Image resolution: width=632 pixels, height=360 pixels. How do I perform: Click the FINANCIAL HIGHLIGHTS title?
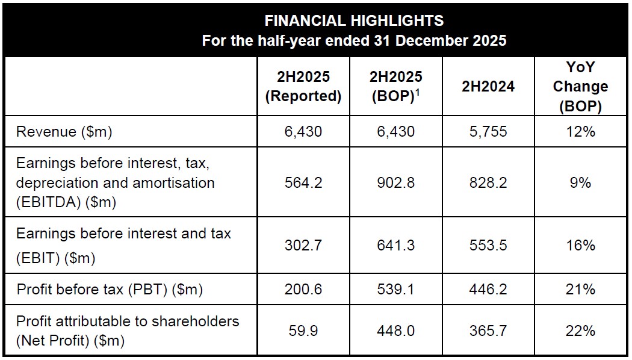pyautogui.click(x=354, y=20)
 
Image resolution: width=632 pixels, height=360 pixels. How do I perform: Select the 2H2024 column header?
pyautogui.click(x=488, y=87)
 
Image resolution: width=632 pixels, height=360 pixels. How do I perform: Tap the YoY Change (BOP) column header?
pyautogui.click(x=580, y=87)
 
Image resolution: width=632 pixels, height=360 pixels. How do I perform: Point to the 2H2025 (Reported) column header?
pyautogui.click(x=303, y=87)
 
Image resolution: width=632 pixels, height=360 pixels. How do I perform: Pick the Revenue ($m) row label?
pyautogui.click(x=64, y=132)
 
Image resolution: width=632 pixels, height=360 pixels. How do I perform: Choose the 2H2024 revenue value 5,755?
pyautogui.click(x=488, y=132)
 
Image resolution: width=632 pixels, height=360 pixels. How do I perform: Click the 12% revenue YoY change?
pyautogui.click(x=580, y=132)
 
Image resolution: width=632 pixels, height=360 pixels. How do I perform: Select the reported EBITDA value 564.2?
pyautogui.click(x=303, y=182)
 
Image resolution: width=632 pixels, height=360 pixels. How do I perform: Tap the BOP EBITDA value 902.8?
pyautogui.click(x=395, y=182)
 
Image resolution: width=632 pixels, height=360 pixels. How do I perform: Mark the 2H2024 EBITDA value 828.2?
pyautogui.click(x=488, y=182)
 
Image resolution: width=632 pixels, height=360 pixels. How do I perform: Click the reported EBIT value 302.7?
pyautogui.click(x=303, y=246)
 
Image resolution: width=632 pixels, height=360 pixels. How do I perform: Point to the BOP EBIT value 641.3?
pyautogui.click(x=395, y=246)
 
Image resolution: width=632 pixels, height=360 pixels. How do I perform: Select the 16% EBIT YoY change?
pyautogui.click(x=580, y=246)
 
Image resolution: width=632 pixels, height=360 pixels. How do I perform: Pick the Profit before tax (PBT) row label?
pyautogui.click(x=110, y=290)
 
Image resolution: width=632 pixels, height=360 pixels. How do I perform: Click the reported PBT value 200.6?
pyautogui.click(x=303, y=290)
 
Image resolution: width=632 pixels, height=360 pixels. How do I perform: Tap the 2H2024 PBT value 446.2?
pyautogui.click(x=488, y=290)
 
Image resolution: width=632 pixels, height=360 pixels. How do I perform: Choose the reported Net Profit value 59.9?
pyautogui.click(x=303, y=331)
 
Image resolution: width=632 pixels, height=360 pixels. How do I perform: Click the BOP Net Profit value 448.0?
pyautogui.click(x=395, y=331)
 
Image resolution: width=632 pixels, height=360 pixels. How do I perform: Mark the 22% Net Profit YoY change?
pyautogui.click(x=580, y=331)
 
